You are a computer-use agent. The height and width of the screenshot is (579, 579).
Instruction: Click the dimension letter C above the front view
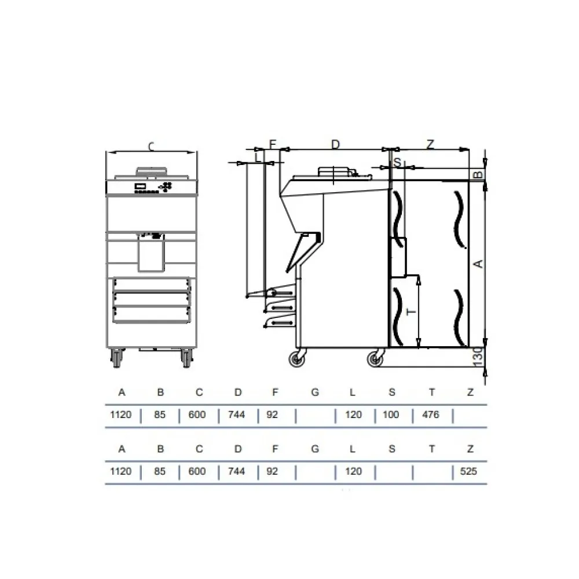[151, 147]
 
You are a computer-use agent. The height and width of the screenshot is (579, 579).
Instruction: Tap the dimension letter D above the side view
[335, 145]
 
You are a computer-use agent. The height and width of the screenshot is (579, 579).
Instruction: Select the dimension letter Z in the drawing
[430, 145]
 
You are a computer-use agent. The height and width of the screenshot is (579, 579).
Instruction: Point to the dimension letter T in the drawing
[412, 312]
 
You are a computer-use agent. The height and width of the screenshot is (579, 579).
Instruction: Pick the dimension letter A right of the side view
[478, 264]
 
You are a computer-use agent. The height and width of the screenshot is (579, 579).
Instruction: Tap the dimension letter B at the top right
[478, 174]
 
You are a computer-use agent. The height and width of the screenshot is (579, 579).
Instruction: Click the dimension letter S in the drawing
[397, 163]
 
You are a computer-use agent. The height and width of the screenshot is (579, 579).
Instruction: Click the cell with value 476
[431, 415]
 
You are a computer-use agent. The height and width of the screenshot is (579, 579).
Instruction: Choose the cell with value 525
[469, 471]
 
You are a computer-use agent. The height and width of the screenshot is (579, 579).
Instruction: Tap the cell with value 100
[391, 415]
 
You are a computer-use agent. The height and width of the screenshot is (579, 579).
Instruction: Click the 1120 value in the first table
[122, 415]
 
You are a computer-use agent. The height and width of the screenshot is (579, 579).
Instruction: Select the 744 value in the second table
[237, 471]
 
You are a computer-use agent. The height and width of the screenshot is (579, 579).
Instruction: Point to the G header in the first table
[314, 393]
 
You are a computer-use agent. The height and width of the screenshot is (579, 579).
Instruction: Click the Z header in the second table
[470, 449]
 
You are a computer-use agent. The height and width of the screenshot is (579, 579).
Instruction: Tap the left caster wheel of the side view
[299, 360]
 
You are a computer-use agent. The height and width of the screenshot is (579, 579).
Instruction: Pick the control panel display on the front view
[141, 186]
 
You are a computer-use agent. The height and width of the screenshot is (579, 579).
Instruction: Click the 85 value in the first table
[160, 415]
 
